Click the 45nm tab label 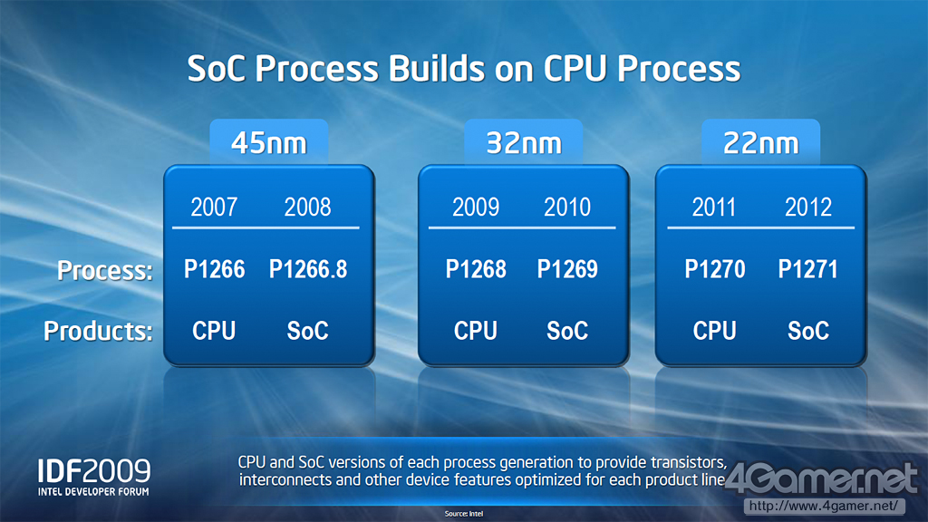tap(268, 143)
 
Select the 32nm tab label tap(524, 143)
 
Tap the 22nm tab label tap(761, 143)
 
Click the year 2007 tap(214, 208)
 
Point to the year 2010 tap(567, 208)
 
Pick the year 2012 tap(807, 208)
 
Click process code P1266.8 tap(308, 269)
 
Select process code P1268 tap(476, 269)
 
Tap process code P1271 tap(807, 269)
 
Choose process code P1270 tap(715, 269)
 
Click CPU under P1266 tap(214, 330)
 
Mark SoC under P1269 tap(567, 330)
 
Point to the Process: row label tap(105, 270)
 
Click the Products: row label tap(98, 331)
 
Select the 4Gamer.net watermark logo tap(821, 478)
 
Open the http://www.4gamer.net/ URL tap(823, 506)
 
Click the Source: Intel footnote tap(464, 514)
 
